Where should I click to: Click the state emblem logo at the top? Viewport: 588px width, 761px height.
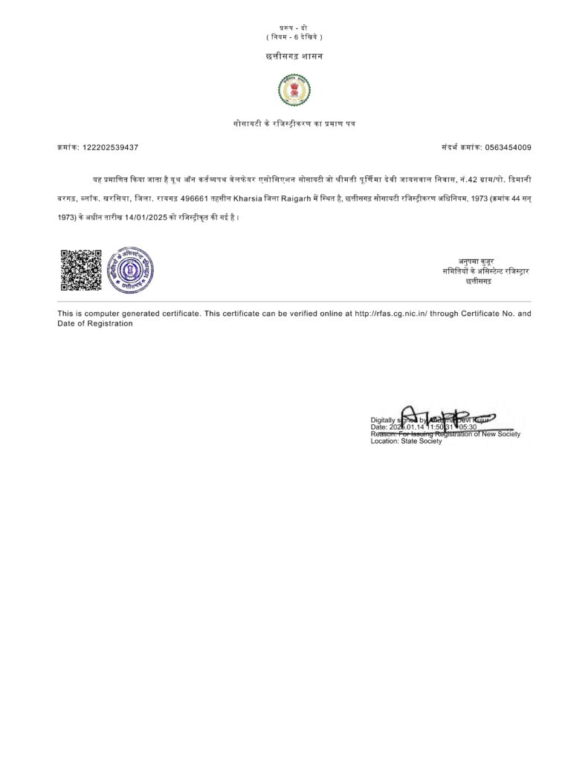(294, 91)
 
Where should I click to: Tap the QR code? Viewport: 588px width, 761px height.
(80, 270)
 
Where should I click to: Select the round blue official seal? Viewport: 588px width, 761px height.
(131, 270)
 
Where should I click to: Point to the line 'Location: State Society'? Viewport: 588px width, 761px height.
(406, 441)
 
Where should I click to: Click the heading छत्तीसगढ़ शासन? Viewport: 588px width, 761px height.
(294, 56)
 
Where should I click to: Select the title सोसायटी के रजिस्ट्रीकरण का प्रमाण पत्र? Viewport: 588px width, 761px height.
(294, 122)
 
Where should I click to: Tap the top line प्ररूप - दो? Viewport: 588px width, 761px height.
(294, 27)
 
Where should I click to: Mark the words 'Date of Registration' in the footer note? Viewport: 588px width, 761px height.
(95, 323)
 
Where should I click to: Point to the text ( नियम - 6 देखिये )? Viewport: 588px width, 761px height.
(294, 37)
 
